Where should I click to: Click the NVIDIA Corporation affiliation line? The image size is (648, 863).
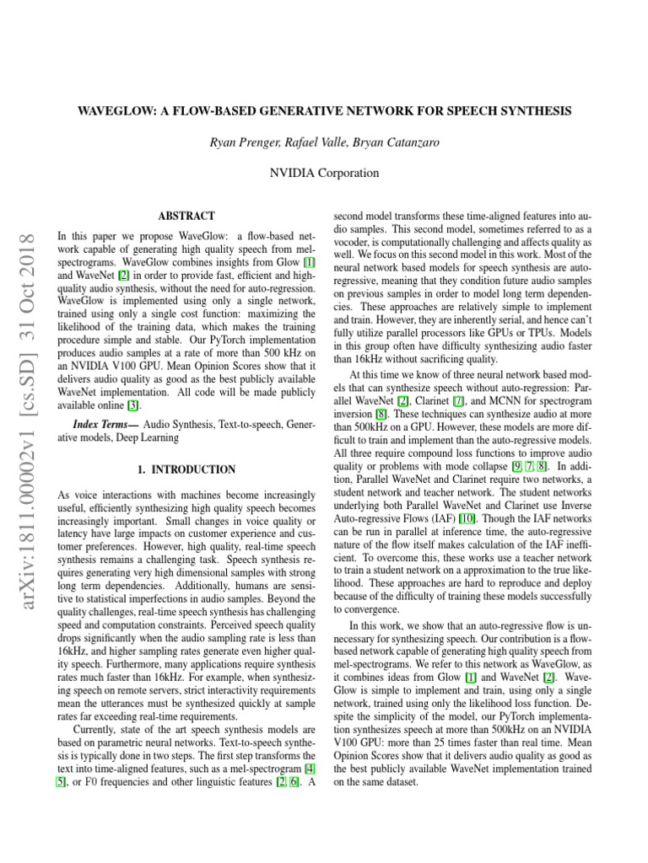(x=323, y=174)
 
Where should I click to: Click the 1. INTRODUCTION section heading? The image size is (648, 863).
(x=186, y=469)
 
